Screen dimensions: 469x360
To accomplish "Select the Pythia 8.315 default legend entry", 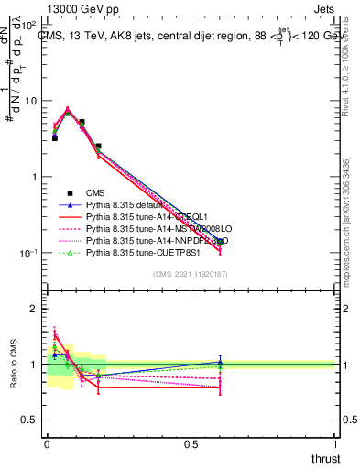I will pyautogui.click(x=125, y=204).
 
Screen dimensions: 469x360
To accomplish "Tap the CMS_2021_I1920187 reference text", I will pyautogui.click(x=191, y=274).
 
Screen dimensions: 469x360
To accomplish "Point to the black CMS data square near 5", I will pyautogui.click(x=82, y=122).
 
